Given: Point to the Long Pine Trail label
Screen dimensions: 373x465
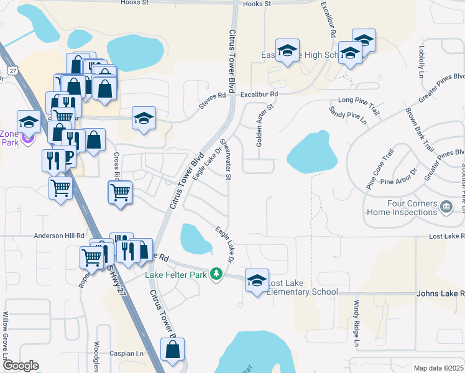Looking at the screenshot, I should click(358, 99).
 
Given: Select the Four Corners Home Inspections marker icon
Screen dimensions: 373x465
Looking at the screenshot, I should click(446, 206).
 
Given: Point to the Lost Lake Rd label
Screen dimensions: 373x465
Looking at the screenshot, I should click(447, 236).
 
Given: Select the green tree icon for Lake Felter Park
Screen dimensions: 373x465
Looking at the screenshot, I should click(216, 274).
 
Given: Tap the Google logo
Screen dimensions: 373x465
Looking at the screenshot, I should click(21, 366).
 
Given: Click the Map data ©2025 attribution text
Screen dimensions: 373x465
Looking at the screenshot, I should click(438, 368).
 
